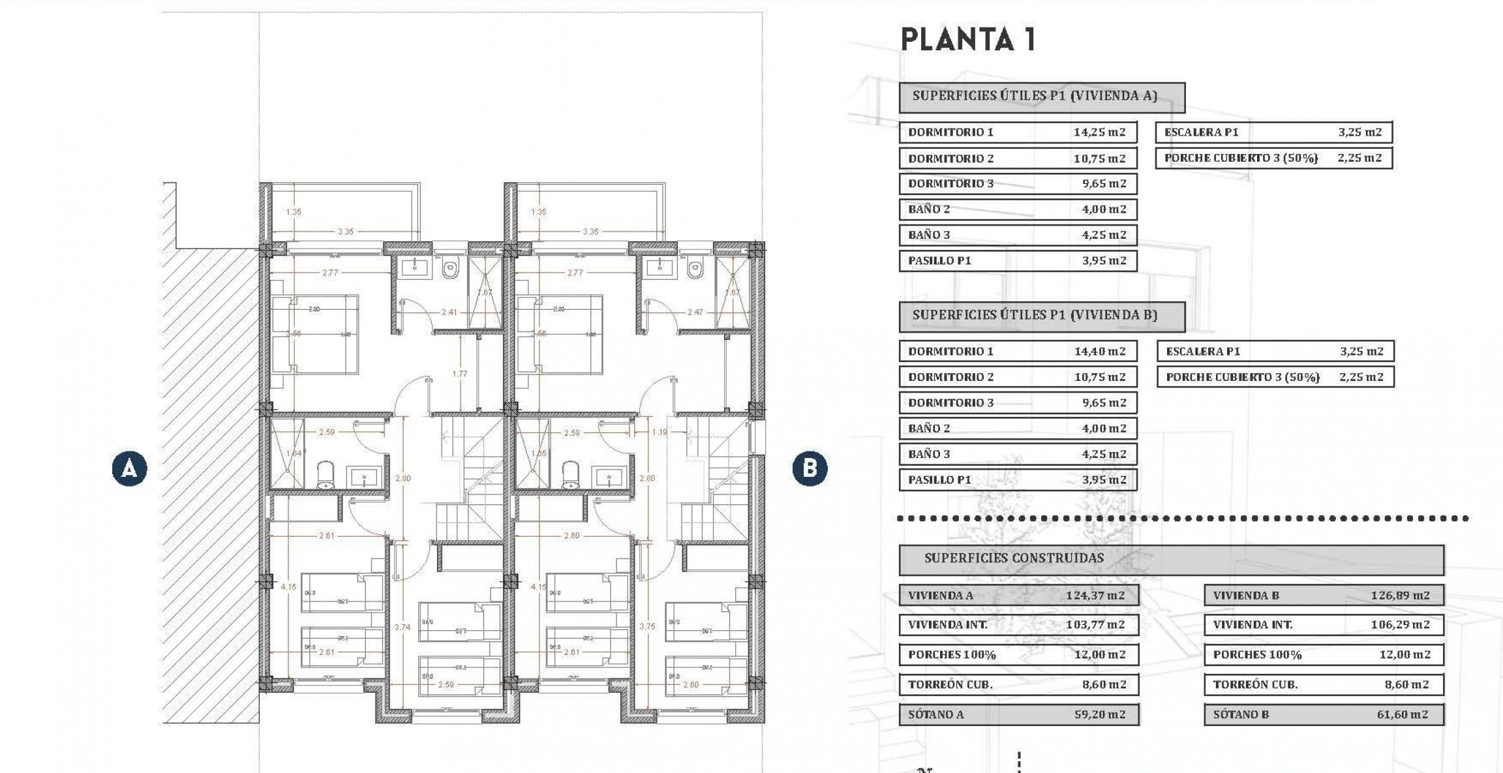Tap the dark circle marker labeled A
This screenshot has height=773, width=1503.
[129, 468]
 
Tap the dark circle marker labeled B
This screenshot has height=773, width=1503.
[810, 468]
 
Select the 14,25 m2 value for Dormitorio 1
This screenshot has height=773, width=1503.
[1099, 132]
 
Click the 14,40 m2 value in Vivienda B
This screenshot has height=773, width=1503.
[1100, 351]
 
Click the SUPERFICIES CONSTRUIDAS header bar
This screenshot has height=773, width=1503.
[1171, 558]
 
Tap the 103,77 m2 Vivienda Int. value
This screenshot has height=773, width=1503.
[1095, 624]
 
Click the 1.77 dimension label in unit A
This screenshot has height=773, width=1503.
[460, 374]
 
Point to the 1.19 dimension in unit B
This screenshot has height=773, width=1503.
[660, 432]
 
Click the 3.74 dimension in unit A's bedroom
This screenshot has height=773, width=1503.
[402, 627]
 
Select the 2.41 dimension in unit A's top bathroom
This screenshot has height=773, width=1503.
[449, 312]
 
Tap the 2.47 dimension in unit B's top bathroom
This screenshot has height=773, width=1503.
[695, 312]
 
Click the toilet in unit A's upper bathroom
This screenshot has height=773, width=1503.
[450, 269]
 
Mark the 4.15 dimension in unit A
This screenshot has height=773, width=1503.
[288, 586]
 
